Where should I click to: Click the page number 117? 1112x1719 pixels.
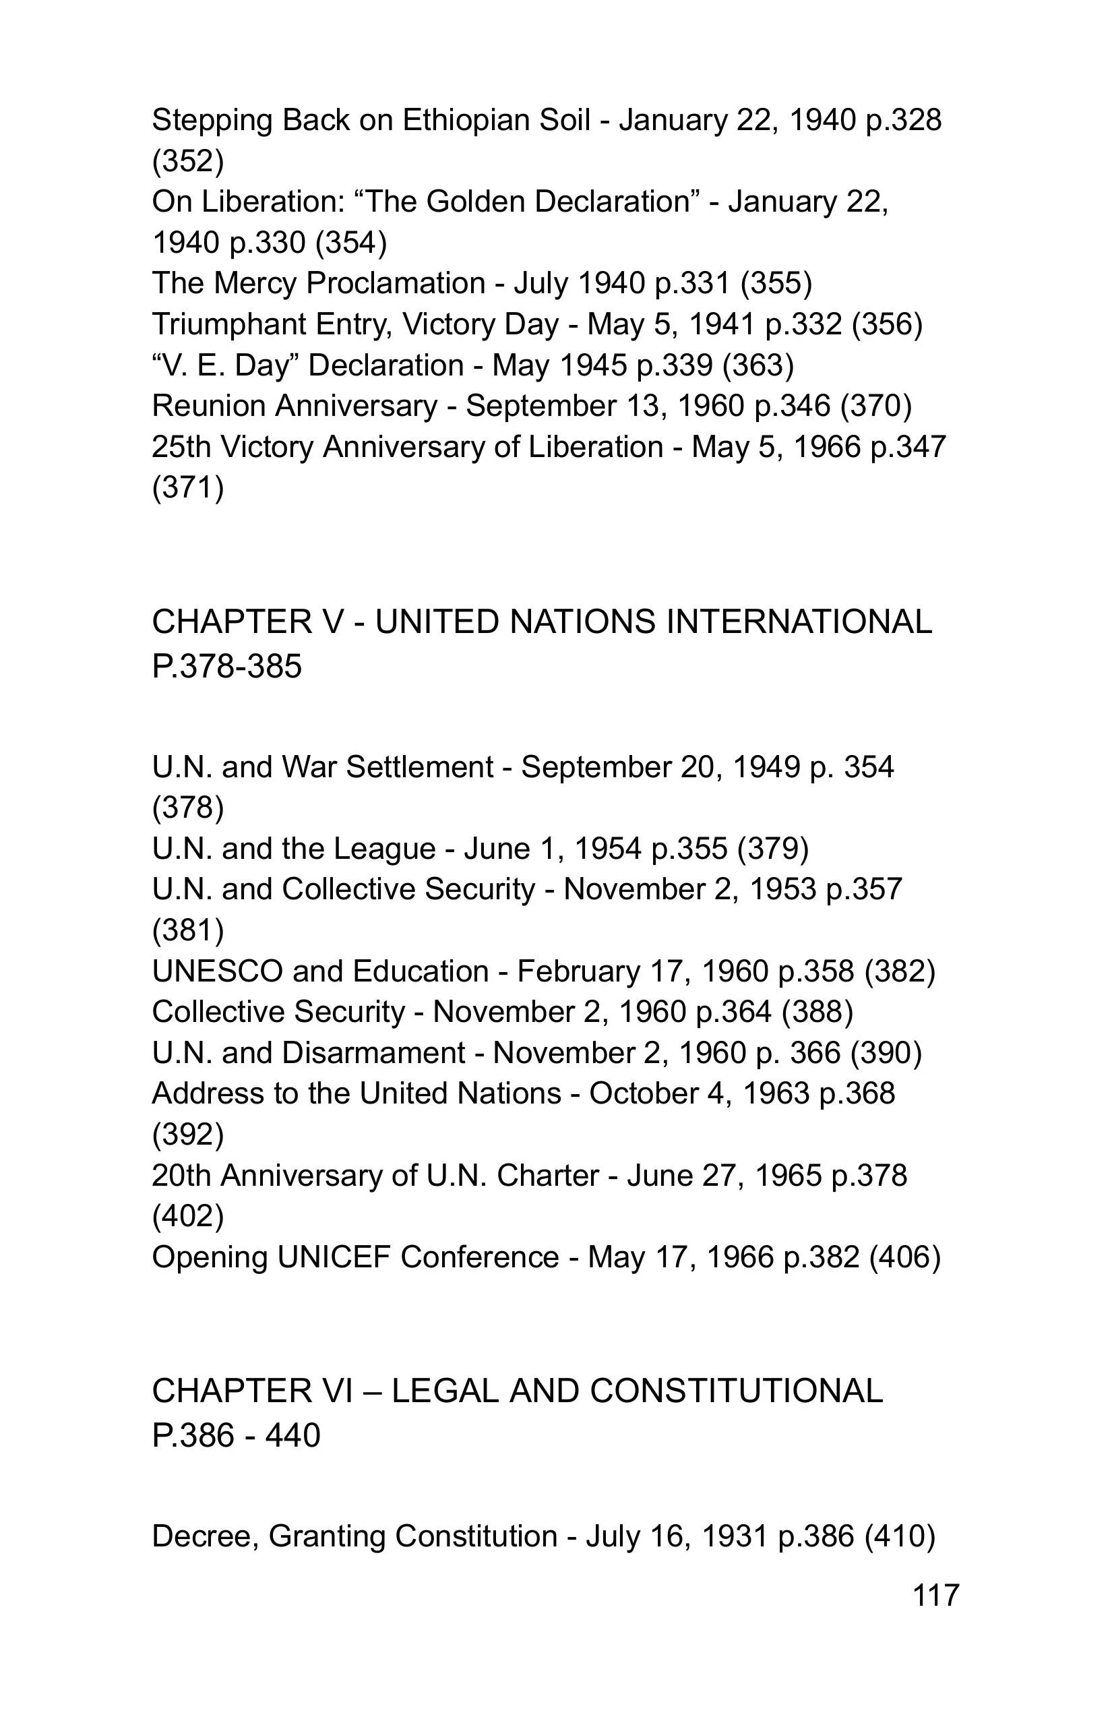tap(936, 1595)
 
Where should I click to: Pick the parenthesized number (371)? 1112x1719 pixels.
tap(188, 487)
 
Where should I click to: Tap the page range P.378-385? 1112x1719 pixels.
tap(226, 666)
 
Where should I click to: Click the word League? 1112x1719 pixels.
tap(384, 849)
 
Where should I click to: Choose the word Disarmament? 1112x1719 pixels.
tap(373, 1053)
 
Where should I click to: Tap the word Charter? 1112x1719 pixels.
tap(547, 1176)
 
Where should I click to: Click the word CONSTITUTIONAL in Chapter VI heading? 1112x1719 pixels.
tap(736, 1391)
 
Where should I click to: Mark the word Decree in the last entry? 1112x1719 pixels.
tap(205, 1536)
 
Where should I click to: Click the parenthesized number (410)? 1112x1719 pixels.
tap(900, 1536)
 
